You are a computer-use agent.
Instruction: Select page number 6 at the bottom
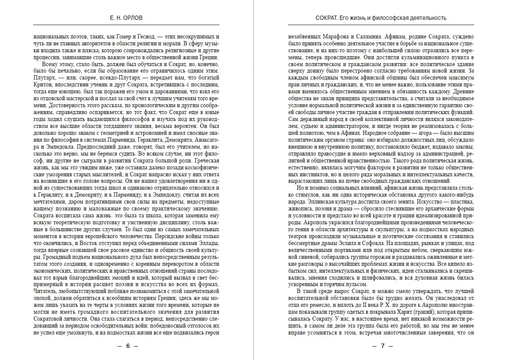pyautogui.click(x=127, y=346)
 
